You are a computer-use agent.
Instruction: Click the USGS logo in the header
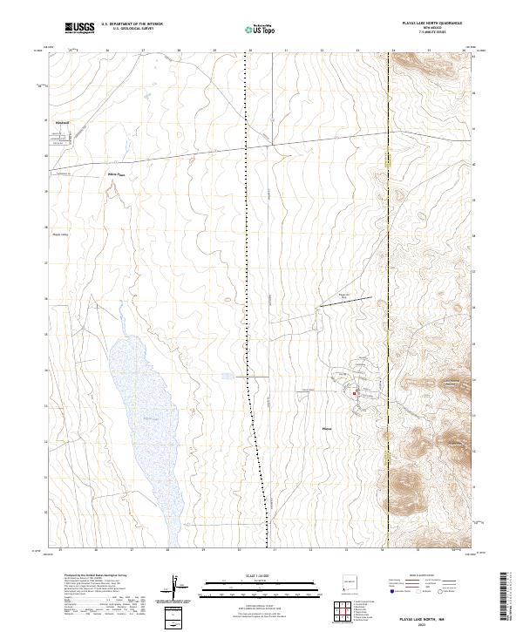pos(80,29)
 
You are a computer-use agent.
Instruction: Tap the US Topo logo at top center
pos(258,30)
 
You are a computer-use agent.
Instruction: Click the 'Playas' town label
pos(328,429)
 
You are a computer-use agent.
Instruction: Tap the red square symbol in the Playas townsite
pos(354,394)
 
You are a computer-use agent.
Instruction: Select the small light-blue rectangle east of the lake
pos(228,376)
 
